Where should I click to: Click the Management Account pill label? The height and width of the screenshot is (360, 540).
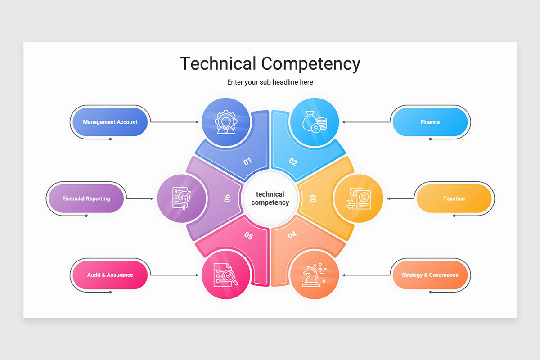pos(110,122)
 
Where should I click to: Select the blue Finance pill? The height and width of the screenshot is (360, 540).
pos(430,122)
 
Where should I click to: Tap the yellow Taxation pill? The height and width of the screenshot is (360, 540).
pos(454,198)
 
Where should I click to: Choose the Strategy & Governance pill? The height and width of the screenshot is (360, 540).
pos(430,275)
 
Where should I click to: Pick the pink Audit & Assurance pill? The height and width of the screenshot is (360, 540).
pos(110,275)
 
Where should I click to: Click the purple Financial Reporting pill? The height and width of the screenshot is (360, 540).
pos(86,198)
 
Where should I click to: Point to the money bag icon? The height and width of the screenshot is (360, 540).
pos(315,122)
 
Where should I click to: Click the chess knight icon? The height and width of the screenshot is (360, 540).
pos(315,275)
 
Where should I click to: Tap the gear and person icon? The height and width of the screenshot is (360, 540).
pos(226,122)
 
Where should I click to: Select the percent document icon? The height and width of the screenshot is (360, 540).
pos(359,198)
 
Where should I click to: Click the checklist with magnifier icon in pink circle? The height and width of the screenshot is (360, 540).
pos(225,275)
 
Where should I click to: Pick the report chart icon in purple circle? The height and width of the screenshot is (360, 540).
pos(181,198)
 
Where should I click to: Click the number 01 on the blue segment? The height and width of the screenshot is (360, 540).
pos(247,161)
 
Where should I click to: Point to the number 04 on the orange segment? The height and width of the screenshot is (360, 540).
pos(292,234)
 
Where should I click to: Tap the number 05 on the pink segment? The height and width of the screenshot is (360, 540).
pos(248,236)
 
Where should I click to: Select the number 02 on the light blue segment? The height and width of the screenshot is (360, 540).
pos(293,162)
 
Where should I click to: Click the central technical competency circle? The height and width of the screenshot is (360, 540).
pos(270,198)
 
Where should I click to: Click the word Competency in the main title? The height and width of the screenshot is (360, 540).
pos(311,64)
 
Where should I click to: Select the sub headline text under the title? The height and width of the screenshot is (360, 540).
pos(270,82)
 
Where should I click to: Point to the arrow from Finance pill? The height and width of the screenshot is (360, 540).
pos(366,122)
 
